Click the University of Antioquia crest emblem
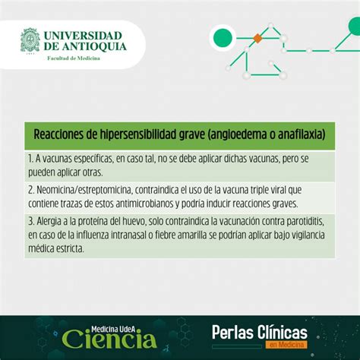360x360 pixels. (30, 40)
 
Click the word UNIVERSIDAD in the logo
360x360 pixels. (83, 36)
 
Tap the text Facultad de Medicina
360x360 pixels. (74, 58)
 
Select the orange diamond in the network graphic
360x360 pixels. (257, 38)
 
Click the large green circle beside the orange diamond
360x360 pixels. (223, 38)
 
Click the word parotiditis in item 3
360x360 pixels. (305, 222)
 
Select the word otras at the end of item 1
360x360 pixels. (93, 172)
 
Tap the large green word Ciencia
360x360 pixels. (109, 339)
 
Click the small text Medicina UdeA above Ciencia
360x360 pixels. (113, 330)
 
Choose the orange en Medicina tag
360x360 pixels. (286, 345)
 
